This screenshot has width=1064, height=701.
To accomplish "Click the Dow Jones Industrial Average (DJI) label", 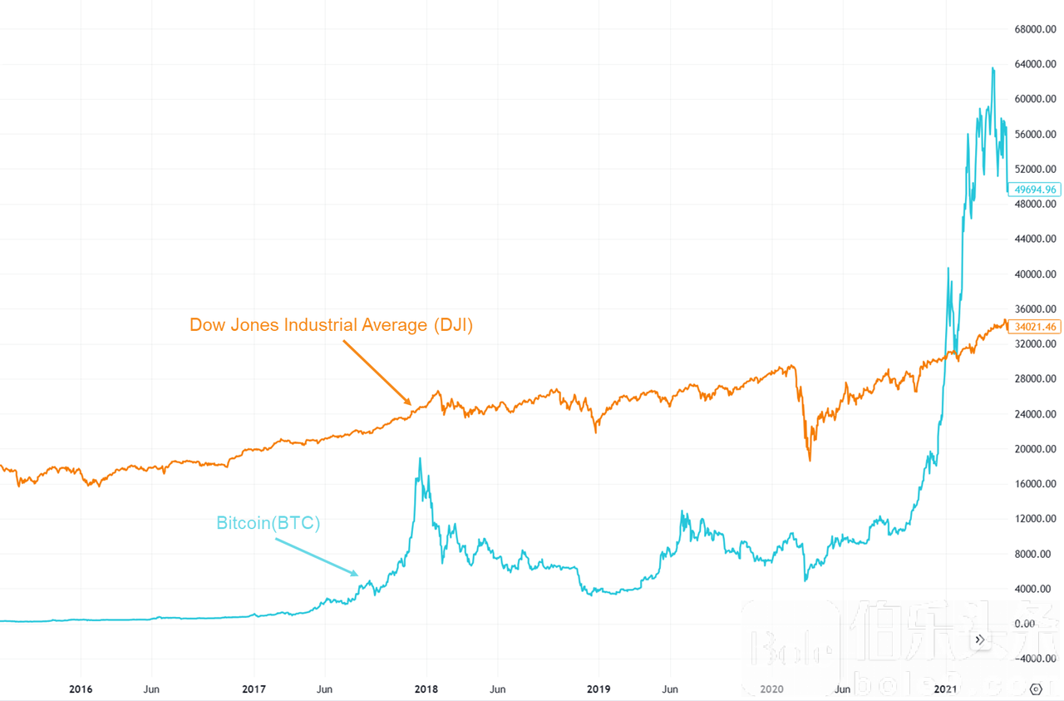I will point(331,325).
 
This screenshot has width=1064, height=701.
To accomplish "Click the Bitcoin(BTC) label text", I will point(268,523).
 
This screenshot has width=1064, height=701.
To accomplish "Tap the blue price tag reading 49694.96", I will point(1035,190).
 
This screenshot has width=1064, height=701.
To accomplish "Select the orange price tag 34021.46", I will point(1035,327).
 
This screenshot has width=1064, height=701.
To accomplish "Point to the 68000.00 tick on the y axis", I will point(1035,30).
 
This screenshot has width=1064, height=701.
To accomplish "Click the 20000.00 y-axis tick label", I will point(1035,449).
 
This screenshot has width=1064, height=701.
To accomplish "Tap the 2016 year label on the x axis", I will point(81,689).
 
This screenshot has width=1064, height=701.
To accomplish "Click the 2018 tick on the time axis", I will point(426,689).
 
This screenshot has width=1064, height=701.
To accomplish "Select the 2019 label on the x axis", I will point(598,689).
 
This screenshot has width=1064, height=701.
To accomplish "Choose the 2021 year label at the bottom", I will point(945,689).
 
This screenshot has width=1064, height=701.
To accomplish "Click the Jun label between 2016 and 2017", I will point(151,689).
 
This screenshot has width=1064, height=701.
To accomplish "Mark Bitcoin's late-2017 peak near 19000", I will point(420,458).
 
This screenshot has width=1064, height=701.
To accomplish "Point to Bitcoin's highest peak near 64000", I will point(993,68).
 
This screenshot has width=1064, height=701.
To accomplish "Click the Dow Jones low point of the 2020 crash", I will point(810,460).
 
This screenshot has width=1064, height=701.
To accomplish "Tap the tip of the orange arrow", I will point(411,404).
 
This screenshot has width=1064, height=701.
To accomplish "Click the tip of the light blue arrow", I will point(358,575).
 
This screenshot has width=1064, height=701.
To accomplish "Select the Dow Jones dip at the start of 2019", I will point(596,432).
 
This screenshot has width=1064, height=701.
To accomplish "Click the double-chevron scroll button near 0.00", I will point(980,639).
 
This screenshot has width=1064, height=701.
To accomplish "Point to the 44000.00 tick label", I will point(1035,239).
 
